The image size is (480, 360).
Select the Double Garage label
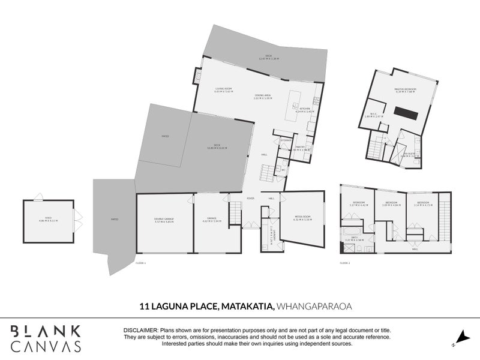164,220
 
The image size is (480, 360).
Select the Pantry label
301,148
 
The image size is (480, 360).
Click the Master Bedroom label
406,89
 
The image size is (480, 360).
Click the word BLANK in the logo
46,331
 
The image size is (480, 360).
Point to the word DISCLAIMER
140,331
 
